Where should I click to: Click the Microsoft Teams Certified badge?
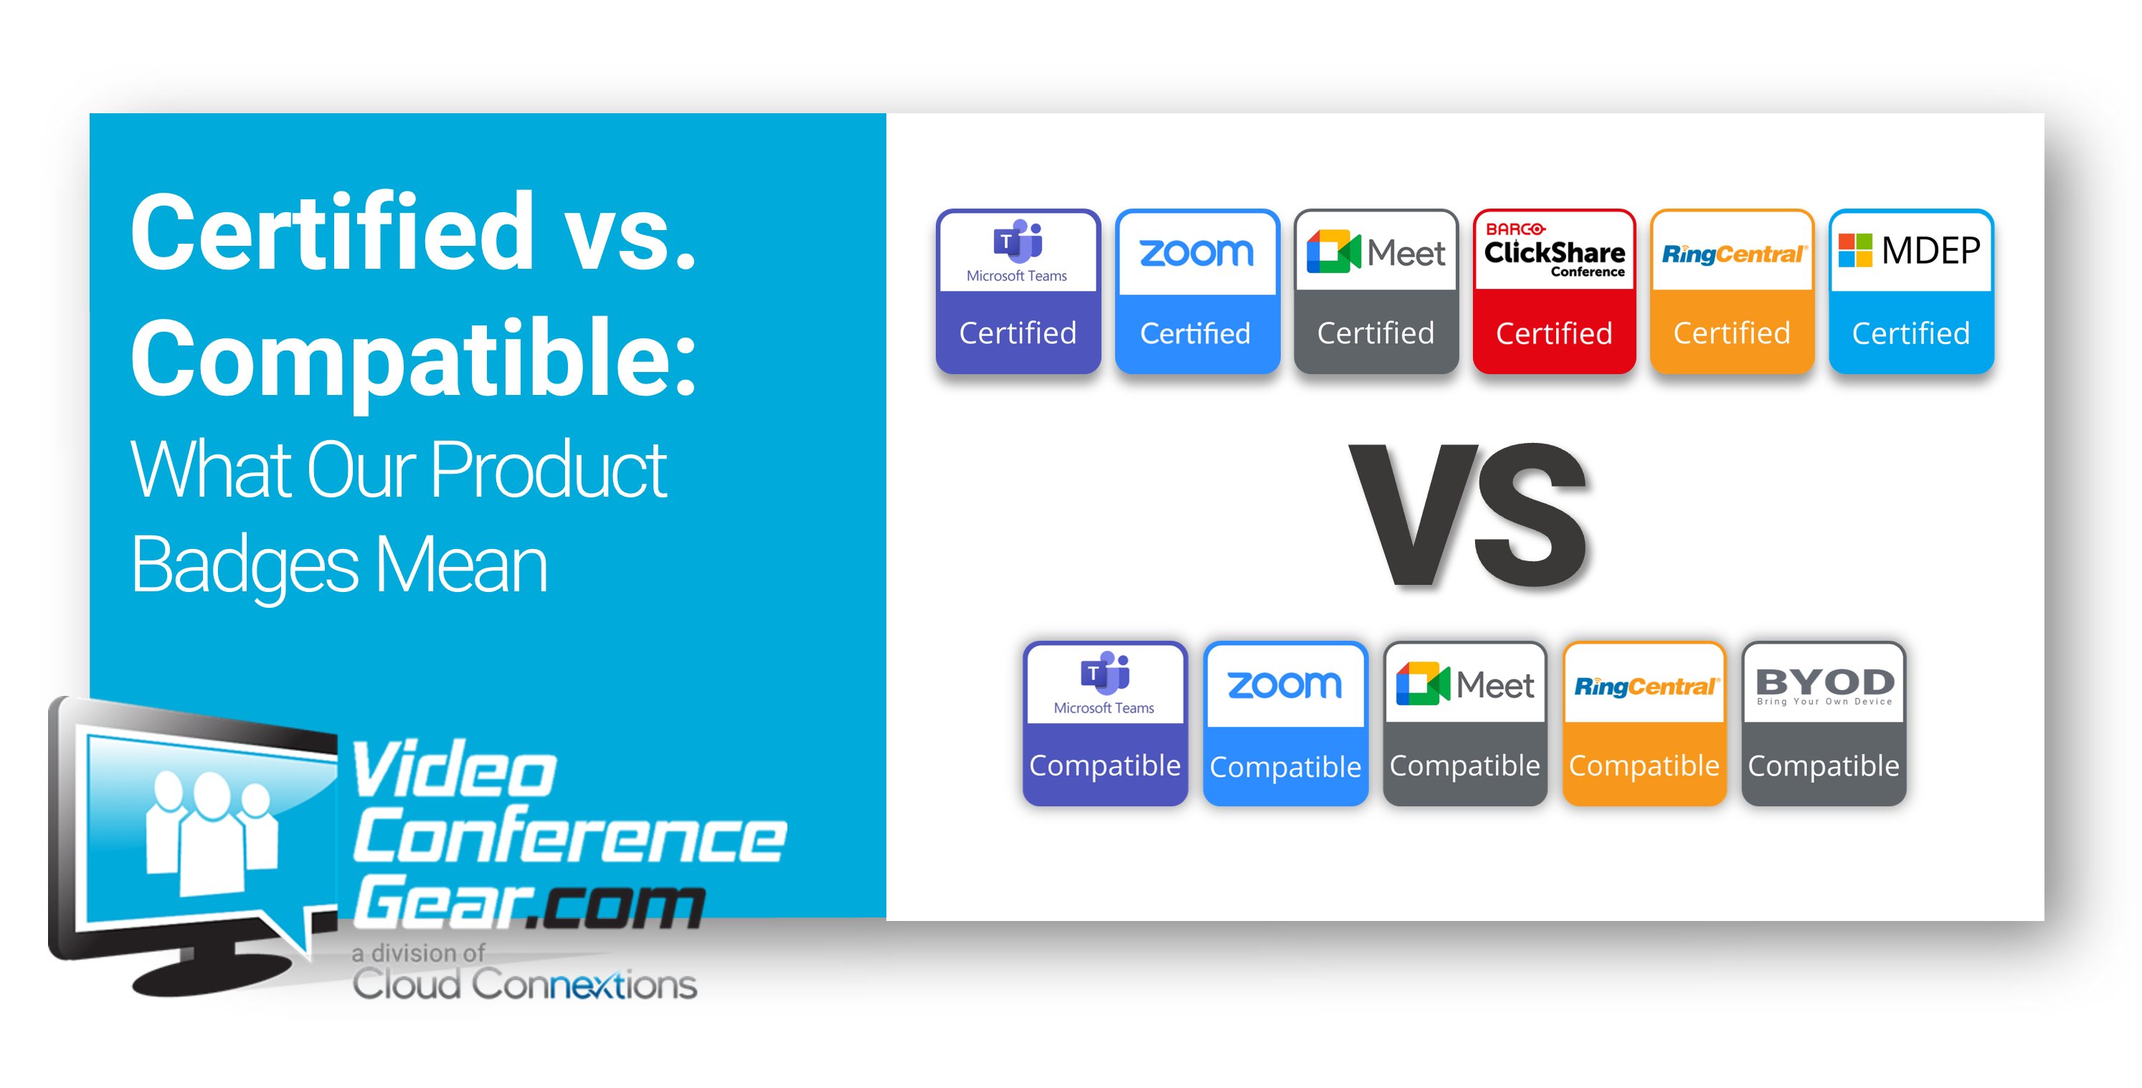click(x=1018, y=291)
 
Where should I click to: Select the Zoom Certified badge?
click(x=1197, y=291)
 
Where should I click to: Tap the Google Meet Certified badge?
click(x=1376, y=291)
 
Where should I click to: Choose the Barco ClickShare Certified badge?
click(x=1554, y=291)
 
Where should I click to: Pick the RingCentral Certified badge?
click(x=1732, y=291)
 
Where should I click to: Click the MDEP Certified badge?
click(x=1912, y=291)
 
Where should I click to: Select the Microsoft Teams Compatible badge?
click(x=1105, y=723)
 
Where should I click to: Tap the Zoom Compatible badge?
click(x=1286, y=723)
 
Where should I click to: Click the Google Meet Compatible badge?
click(x=1465, y=723)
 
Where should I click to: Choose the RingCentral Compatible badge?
click(x=1644, y=723)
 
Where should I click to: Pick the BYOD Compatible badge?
click(x=1824, y=723)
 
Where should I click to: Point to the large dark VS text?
click(x=1469, y=515)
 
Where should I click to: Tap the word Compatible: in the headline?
click(x=413, y=359)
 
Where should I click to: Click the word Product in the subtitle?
click(x=549, y=469)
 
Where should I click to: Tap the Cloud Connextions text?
click(x=525, y=985)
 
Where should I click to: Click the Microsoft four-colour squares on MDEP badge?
click(x=1855, y=250)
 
